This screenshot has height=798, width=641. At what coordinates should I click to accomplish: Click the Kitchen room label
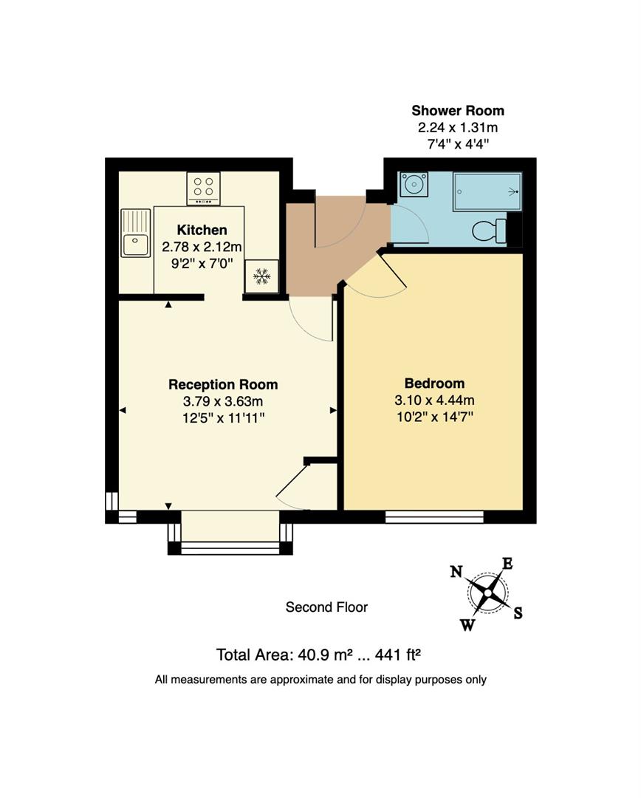(202, 230)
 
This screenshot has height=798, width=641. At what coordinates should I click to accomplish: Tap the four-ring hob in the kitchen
(203, 188)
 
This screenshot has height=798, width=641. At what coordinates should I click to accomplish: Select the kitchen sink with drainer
(135, 233)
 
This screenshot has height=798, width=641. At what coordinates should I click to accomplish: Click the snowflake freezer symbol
(261, 277)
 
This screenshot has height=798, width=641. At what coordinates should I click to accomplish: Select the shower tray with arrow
(487, 191)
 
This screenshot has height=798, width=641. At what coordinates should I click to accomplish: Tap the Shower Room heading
(458, 111)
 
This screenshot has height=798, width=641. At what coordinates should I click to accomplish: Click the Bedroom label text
(434, 383)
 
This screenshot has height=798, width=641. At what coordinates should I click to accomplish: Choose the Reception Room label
(223, 385)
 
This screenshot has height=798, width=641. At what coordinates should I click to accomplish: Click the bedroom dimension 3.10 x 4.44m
(434, 400)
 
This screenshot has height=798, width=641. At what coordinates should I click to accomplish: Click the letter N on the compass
(456, 571)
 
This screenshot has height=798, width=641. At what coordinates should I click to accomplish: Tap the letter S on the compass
(518, 613)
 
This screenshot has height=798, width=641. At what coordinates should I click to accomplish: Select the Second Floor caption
(326, 607)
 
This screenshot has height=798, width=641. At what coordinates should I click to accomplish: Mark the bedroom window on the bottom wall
(434, 517)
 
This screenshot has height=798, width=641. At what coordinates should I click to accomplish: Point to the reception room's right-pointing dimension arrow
(333, 410)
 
